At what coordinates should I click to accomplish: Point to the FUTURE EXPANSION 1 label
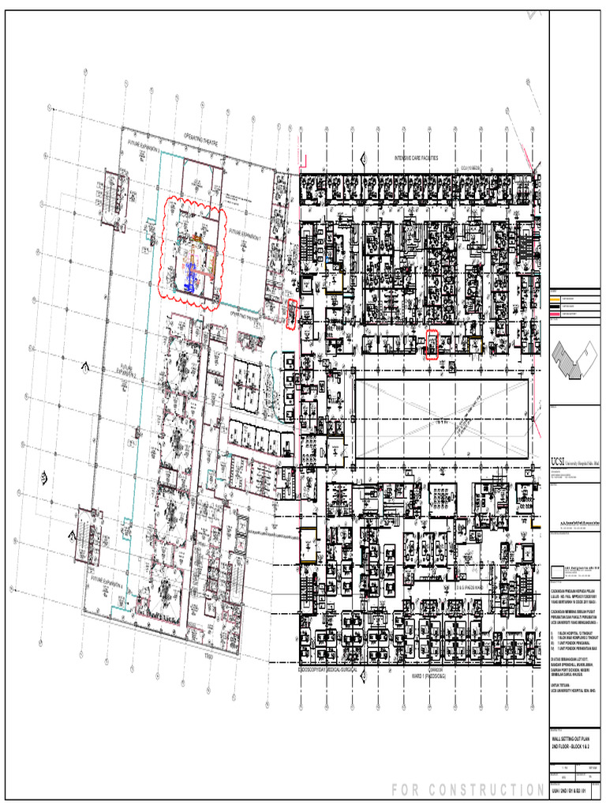(x=244, y=235)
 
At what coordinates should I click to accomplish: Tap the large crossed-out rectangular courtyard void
(x=441, y=419)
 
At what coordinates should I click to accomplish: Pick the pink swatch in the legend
(x=555, y=314)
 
